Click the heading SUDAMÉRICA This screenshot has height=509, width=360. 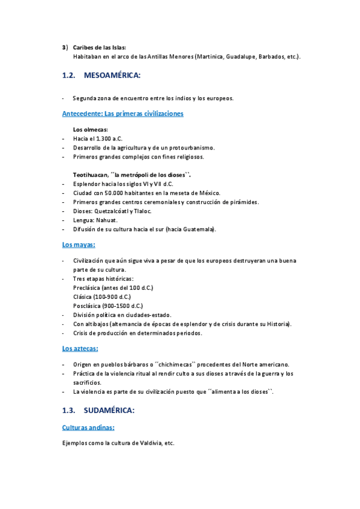[110, 411]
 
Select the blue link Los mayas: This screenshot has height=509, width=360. [79, 245]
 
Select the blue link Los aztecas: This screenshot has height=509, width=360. [80, 348]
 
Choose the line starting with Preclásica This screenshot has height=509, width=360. [113, 288]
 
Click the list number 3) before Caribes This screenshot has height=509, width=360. [64, 47]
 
